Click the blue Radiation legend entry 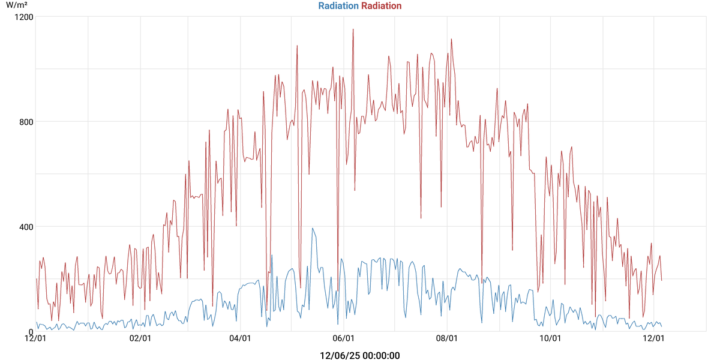pos(338,6)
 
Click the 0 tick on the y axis pos(31,332)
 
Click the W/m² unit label pos(17,5)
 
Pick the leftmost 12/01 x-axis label pos(36,339)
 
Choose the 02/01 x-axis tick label pos(140,339)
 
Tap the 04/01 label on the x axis pos(240,339)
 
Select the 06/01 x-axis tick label pos(343,339)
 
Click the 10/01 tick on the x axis pos(550,339)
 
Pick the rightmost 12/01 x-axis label pos(653,339)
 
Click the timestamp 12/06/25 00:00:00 pos(360,356)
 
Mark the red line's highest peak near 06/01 pos(353,29)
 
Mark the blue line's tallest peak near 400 pos(313,228)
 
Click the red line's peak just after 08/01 pos(451,39)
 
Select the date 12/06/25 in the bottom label pos(339,356)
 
